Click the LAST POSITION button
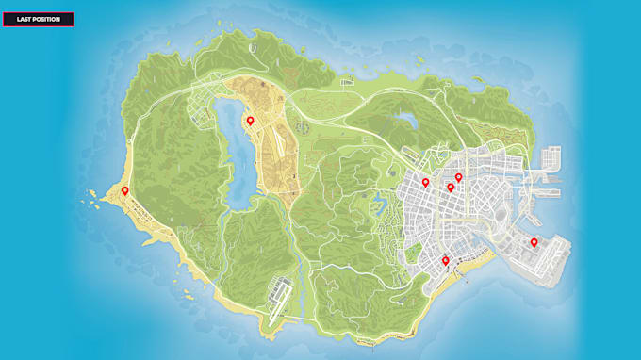(39, 19)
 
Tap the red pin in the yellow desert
(250, 121)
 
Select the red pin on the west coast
(124, 191)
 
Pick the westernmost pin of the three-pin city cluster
(425, 183)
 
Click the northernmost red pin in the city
(459, 177)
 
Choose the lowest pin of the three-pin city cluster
(450, 188)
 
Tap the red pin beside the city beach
(446, 261)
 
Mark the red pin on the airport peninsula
(534, 242)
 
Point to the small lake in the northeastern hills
(407, 121)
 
